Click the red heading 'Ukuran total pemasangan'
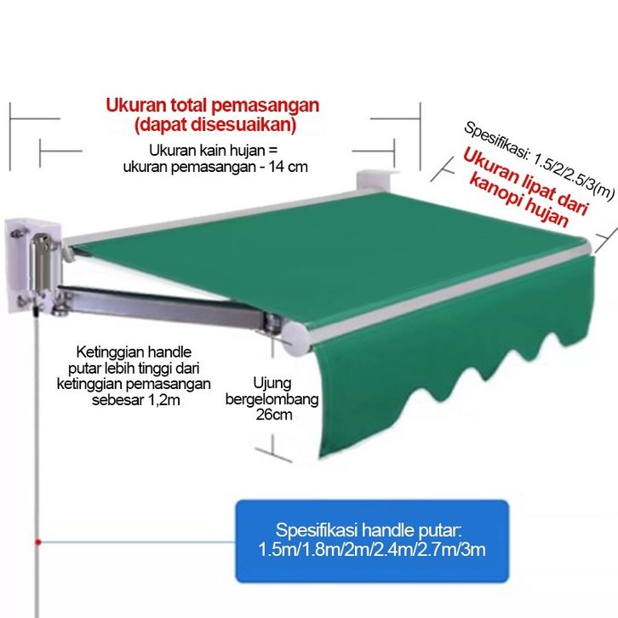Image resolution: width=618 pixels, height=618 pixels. [212, 106]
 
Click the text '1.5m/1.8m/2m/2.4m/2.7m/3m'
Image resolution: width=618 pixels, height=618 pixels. [372, 549]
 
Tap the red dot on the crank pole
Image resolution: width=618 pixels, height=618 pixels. [37, 541]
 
